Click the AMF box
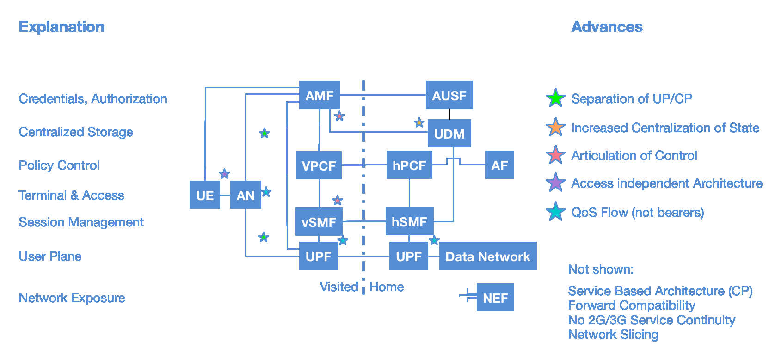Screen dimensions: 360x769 [320, 95]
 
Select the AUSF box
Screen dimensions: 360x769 [449, 95]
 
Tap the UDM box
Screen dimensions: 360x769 [449, 134]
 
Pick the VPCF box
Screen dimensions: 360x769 [319, 165]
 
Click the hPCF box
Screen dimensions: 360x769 [409, 165]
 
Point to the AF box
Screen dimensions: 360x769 [499, 165]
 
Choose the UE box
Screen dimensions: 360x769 [205, 195]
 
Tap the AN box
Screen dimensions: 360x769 [246, 195]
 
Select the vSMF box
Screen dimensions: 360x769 [319, 222]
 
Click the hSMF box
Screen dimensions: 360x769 [409, 221]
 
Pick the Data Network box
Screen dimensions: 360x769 [487, 256]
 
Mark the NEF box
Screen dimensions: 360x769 [495, 298]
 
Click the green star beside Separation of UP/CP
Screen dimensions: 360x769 [555, 98]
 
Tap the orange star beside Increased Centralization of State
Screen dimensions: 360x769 [555, 127]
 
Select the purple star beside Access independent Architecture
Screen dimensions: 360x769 [555, 183]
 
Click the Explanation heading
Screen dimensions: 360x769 [62, 27]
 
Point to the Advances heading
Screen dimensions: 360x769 [607, 27]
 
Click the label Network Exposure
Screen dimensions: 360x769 [72, 298]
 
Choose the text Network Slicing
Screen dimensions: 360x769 [613, 334]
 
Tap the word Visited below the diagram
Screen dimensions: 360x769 [338, 287]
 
